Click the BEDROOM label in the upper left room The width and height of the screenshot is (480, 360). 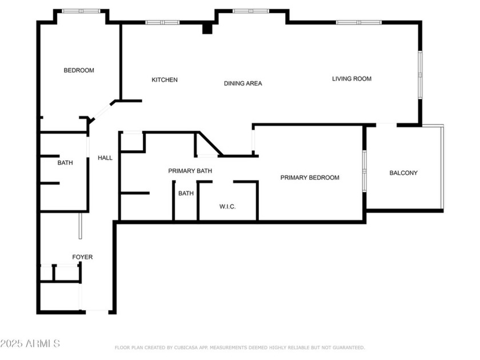point(79,70)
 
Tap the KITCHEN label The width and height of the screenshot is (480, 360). point(165,80)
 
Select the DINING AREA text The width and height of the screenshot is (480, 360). point(243,83)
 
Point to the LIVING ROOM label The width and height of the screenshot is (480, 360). point(352,79)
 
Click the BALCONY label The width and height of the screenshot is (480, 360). point(403,173)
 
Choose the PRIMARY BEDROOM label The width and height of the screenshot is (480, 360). point(310,178)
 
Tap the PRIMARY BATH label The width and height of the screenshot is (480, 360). point(190,171)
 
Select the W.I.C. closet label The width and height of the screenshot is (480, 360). point(227,207)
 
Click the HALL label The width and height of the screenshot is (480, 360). point(105,158)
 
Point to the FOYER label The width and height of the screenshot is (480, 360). point(82,257)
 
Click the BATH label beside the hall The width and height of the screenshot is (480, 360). point(65,163)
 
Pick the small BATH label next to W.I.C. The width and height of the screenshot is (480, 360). point(186,194)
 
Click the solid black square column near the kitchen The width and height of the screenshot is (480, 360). point(208,28)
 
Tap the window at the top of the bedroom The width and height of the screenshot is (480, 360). point(81,11)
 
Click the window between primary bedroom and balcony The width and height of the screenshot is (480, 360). point(365,171)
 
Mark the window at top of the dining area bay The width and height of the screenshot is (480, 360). point(251,11)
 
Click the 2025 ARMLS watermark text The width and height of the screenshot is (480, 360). point(30,343)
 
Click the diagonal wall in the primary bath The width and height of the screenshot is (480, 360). point(210,143)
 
